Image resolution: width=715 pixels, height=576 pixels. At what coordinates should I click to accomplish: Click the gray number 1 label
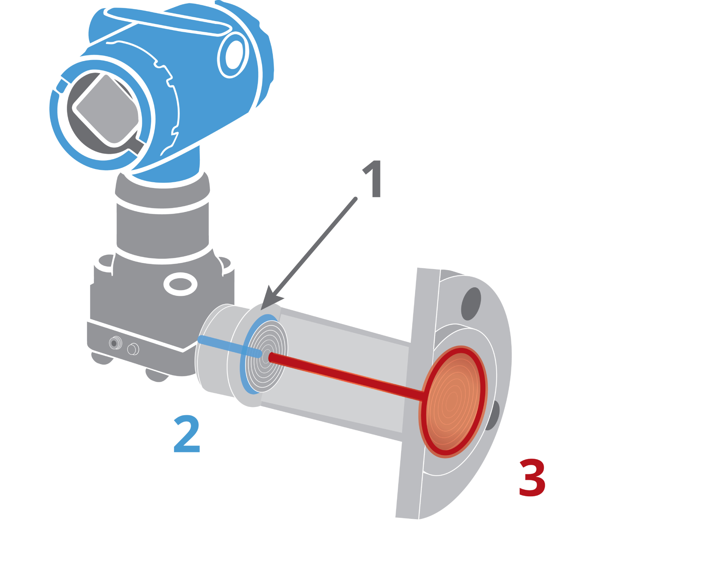point(373,178)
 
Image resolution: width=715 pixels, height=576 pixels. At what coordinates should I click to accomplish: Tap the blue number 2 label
point(187,434)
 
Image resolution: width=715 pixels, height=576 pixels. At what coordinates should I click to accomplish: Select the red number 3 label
point(532,478)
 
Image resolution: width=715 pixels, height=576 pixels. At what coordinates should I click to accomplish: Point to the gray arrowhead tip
point(261,310)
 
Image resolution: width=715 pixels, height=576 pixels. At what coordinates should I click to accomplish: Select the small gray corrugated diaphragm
point(267,356)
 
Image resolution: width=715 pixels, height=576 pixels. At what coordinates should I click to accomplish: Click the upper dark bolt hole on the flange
point(471,304)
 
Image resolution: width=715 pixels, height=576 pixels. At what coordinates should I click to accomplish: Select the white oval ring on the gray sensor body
point(180,284)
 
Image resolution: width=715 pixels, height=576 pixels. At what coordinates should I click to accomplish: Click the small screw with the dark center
point(114,343)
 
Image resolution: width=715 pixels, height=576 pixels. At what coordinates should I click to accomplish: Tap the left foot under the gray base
point(102,358)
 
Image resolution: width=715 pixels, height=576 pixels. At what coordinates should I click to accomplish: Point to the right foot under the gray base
point(157,375)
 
